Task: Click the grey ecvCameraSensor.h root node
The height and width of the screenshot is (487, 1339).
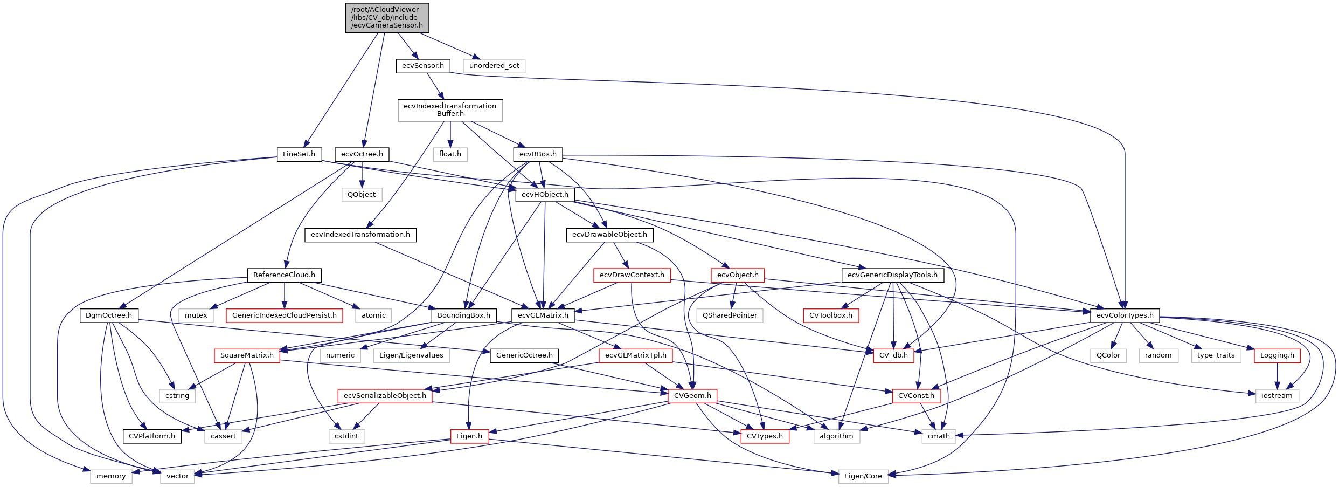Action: click(387, 18)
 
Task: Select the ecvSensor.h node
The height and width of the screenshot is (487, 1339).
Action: click(422, 66)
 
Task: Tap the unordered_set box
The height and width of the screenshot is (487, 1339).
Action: click(494, 66)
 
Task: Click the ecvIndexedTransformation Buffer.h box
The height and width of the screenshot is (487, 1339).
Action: click(450, 110)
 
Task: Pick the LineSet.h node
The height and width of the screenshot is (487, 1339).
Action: click(299, 154)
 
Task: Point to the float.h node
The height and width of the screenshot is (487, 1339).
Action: click(450, 154)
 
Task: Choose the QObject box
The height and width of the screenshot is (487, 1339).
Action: click(362, 194)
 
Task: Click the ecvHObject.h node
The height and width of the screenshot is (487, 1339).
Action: click(545, 194)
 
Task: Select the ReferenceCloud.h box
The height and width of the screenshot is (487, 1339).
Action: click(284, 275)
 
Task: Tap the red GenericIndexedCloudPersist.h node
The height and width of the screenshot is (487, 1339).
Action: click(284, 315)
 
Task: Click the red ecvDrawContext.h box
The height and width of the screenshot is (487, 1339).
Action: click(632, 275)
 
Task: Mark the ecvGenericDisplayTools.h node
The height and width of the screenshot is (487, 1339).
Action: click(892, 275)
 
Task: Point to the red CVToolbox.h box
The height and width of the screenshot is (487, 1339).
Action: click(831, 315)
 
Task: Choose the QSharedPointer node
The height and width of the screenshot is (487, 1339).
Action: click(730, 315)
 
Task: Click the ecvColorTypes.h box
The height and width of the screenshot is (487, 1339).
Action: click(1125, 315)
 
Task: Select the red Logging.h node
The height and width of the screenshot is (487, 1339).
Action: click(1277, 355)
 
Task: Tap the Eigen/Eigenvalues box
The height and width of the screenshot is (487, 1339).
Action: click(411, 355)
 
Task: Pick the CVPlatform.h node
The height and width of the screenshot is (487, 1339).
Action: click(152, 436)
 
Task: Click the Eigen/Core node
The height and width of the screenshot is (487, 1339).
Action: click(863, 476)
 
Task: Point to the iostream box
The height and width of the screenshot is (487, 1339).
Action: click(1276, 395)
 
